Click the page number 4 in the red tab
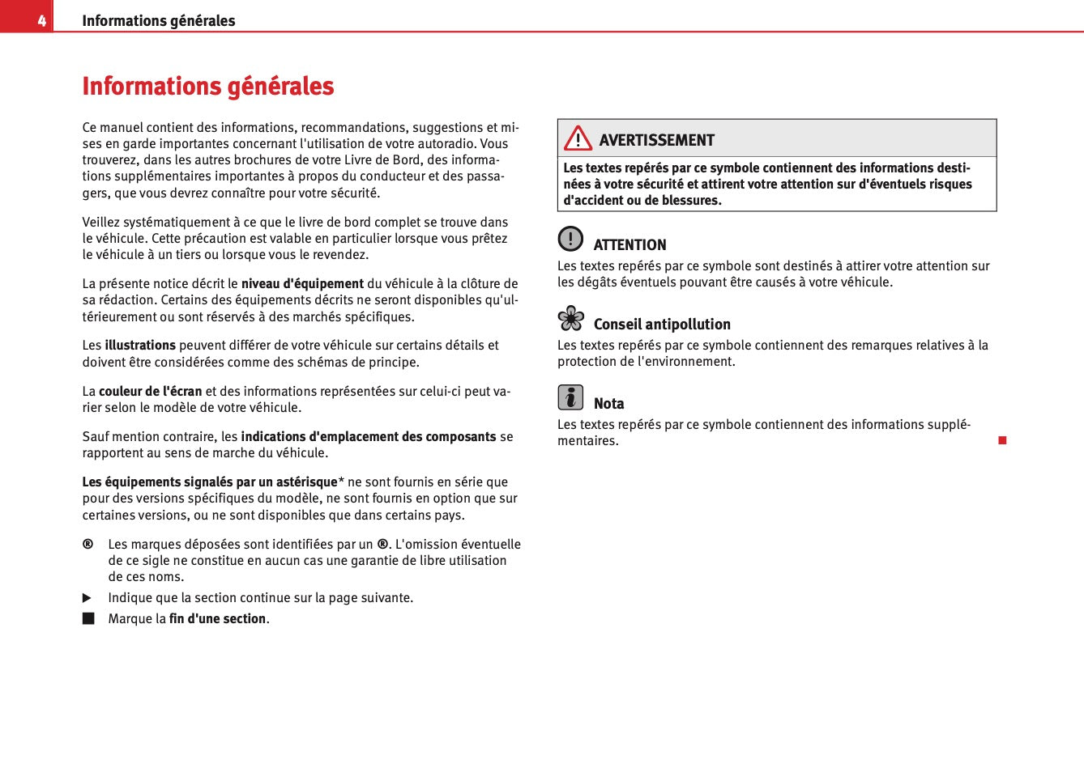(41, 21)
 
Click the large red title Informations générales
(208, 86)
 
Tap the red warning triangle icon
(578, 138)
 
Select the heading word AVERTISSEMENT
(656, 140)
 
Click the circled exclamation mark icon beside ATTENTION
(570, 239)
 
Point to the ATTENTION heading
(629, 244)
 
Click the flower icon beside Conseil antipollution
(570, 318)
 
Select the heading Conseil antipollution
(662, 324)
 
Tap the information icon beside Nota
(570, 397)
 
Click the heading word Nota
(608, 403)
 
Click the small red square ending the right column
(1002, 440)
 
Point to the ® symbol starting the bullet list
(87, 544)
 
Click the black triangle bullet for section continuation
(87, 598)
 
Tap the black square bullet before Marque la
(87, 619)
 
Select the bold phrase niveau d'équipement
(302, 283)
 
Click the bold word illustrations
(140, 345)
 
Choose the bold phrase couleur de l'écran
(151, 391)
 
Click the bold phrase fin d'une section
(217, 619)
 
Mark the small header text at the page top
(159, 21)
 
